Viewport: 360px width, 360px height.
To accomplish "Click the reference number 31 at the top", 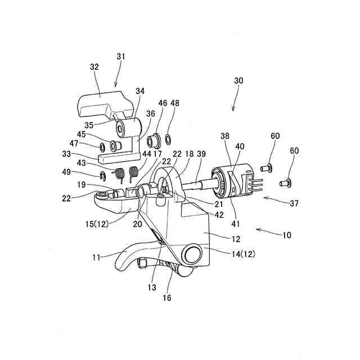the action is [x=121, y=56].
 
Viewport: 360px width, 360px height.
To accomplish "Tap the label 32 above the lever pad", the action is [x=94, y=66].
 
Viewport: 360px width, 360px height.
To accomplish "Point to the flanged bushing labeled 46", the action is [x=151, y=139].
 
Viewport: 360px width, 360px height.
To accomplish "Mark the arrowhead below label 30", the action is [x=233, y=109].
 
